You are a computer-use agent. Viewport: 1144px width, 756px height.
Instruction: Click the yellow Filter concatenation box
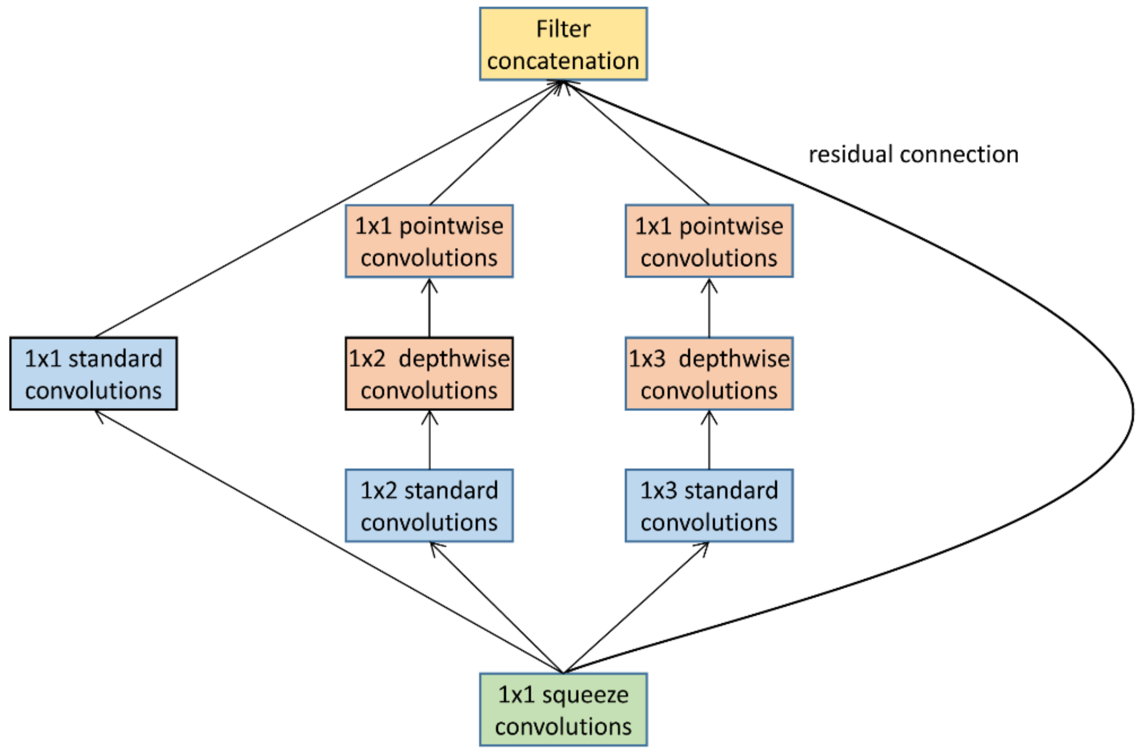(x=563, y=44)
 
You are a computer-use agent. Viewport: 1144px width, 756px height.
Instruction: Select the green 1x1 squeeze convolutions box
(x=563, y=710)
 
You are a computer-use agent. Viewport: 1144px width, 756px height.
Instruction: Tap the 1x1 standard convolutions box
(x=93, y=374)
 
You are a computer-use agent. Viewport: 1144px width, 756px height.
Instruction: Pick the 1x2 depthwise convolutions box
(x=429, y=374)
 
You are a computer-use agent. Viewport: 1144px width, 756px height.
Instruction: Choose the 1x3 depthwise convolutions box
(x=709, y=374)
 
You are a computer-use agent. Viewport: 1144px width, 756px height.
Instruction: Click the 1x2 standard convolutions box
(x=429, y=506)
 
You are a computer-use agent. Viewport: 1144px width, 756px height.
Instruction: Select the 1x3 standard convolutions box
(x=709, y=506)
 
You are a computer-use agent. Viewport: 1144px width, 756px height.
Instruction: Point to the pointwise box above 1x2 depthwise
(x=429, y=241)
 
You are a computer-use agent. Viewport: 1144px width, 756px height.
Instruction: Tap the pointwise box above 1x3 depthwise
(x=709, y=241)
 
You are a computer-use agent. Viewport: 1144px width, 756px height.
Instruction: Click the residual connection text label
(x=913, y=155)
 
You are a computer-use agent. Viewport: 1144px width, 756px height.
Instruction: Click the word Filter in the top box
(x=563, y=29)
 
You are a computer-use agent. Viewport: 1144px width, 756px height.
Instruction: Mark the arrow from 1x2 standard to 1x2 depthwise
(x=430, y=440)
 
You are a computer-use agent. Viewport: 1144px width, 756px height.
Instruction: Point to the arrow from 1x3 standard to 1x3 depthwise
(x=709, y=440)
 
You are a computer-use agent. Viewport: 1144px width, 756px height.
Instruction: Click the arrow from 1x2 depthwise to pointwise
(x=430, y=307)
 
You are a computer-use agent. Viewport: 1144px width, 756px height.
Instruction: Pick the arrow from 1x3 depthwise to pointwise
(x=709, y=307)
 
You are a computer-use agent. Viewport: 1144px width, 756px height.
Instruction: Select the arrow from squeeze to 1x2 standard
(x=496, y=607)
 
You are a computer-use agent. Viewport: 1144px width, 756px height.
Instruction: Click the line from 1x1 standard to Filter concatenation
(x=328, y=209)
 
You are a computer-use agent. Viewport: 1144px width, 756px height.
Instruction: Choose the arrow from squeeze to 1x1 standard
(x=329, y=542)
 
